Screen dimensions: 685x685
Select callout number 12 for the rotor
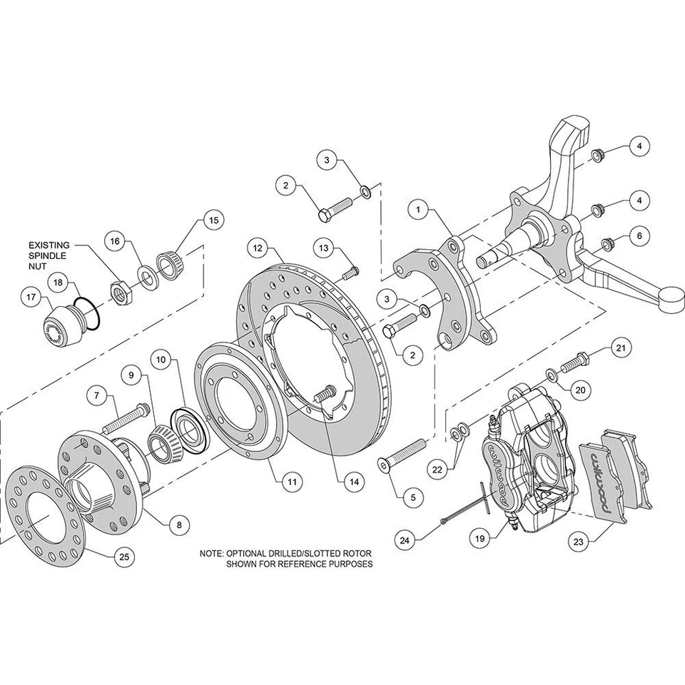coord(258,249)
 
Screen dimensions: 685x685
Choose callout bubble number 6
coord(639,234)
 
